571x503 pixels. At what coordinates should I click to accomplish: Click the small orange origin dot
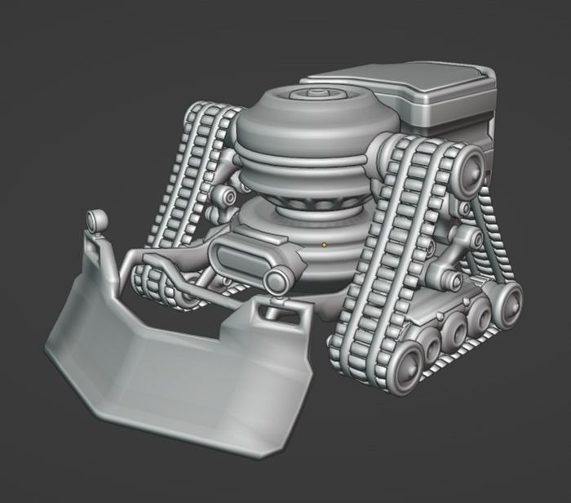pyautogui.click(x=324, y=243)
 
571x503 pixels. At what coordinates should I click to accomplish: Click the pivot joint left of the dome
pyautogui.click(x=225, y=198)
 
